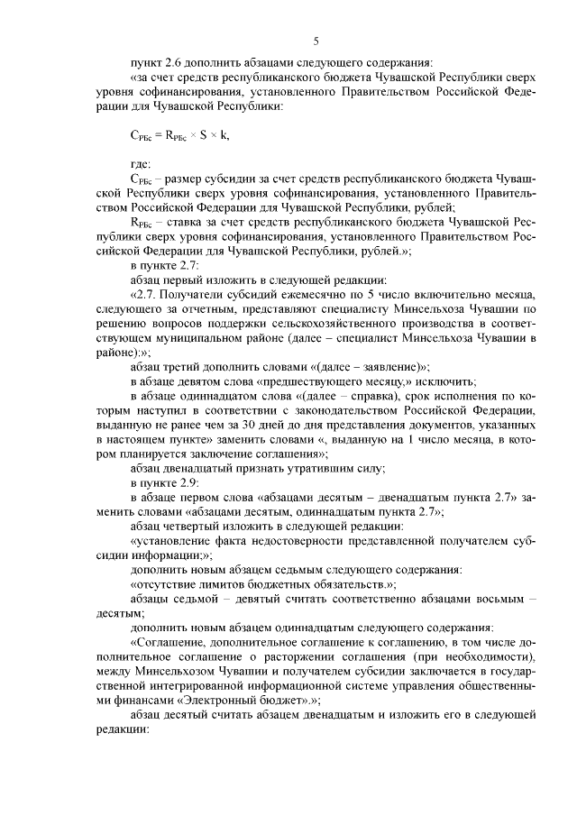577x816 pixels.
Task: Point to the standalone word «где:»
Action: [x=141, y=163]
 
